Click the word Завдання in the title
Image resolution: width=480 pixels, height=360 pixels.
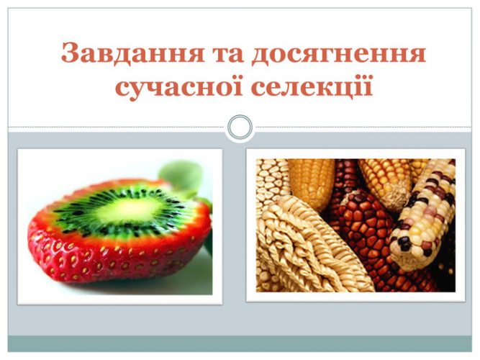(132, 53)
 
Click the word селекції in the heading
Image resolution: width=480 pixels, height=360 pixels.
(312, 87)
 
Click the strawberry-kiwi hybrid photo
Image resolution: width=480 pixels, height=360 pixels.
(120, 227)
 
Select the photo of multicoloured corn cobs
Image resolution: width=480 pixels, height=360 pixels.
(356, 225)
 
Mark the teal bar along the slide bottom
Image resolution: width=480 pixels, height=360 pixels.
(240, 343)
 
